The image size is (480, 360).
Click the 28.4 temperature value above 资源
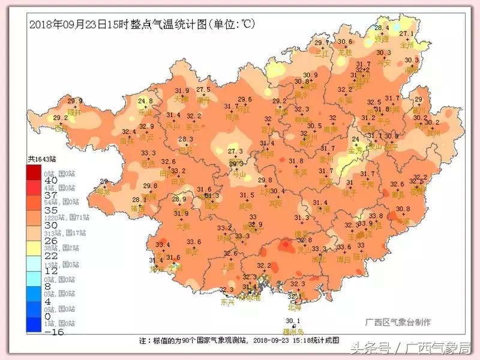(382, 28)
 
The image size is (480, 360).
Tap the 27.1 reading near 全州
(407, 34)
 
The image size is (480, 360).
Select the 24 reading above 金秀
(355, 139)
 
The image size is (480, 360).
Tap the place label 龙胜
(344, 52)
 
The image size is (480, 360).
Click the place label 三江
(322, 52)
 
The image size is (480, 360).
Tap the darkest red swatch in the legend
(34, 172)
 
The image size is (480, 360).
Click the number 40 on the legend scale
(34, 181)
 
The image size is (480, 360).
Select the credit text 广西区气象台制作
(398, 322)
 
